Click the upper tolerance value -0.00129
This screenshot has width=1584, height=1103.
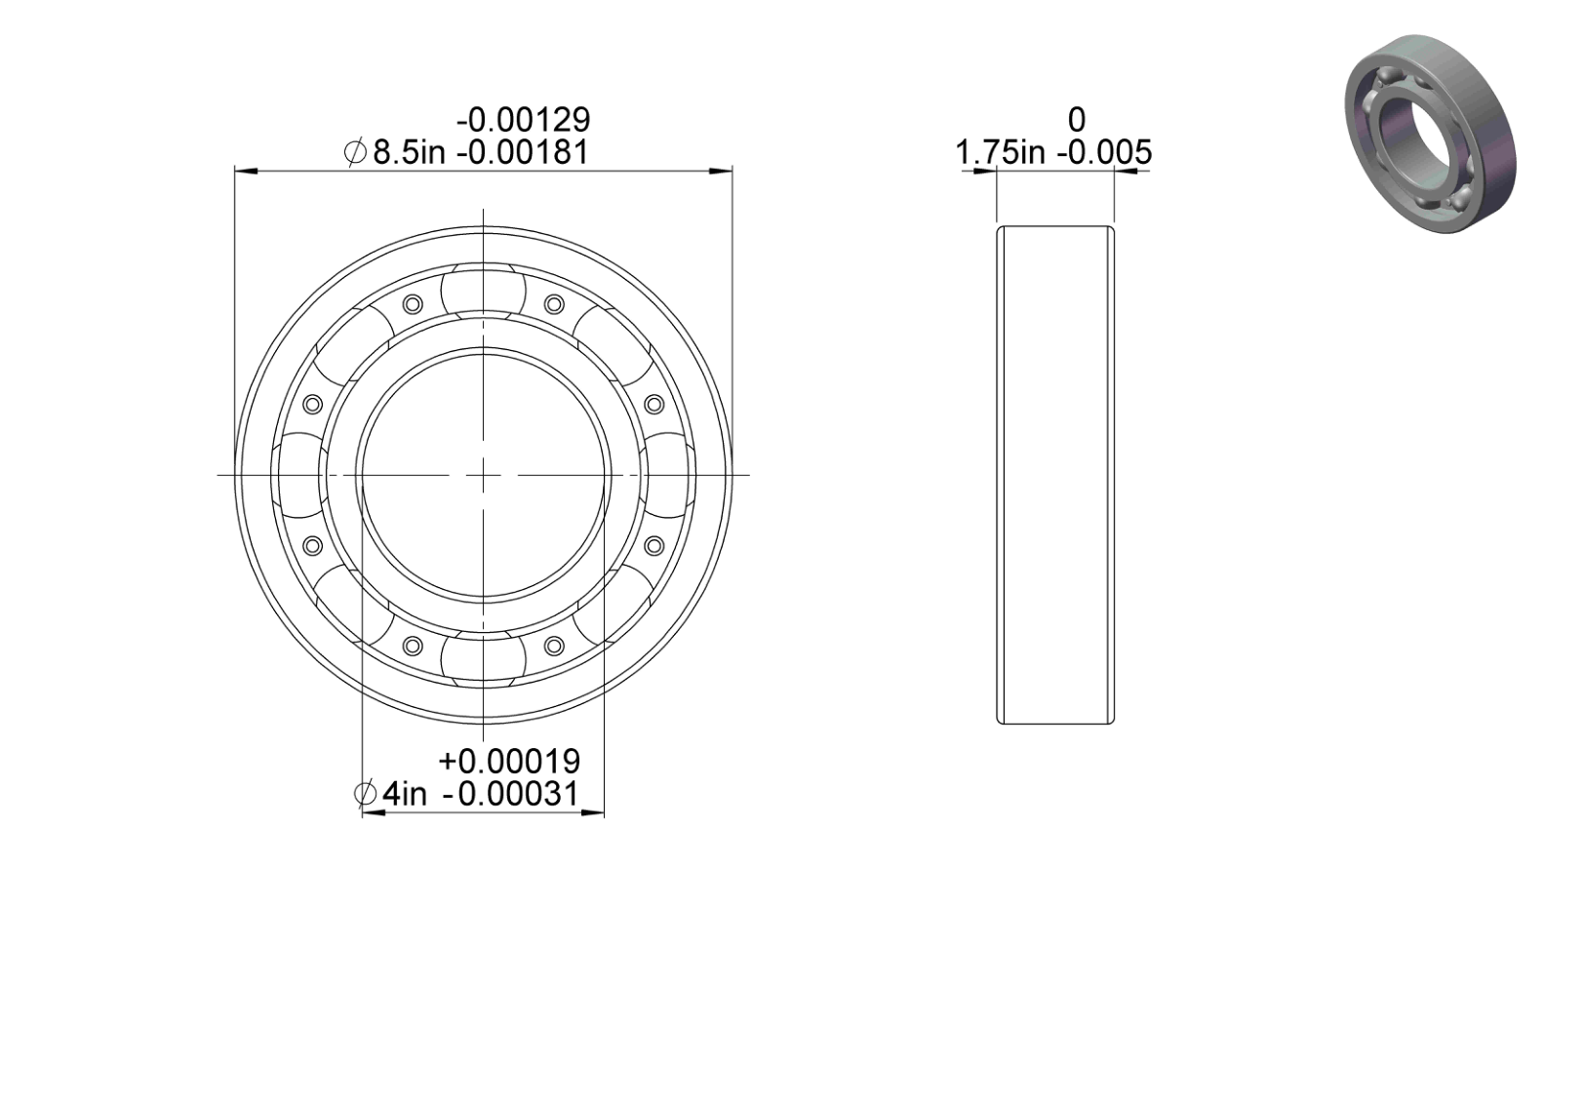tap(523, 120)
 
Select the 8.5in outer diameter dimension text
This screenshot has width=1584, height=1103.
tap(409, 152)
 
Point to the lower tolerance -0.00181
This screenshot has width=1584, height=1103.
tap(523, 152)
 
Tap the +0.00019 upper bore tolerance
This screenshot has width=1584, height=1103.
tap(509, 762)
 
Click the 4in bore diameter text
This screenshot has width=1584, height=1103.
tap(405, 794)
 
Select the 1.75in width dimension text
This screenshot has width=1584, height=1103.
tap(1000, 152)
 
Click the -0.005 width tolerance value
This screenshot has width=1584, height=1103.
tap(1104, 152)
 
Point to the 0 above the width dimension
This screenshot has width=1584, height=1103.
tap(1076, 120)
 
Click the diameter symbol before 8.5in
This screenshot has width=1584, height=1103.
tap(355, 152)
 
